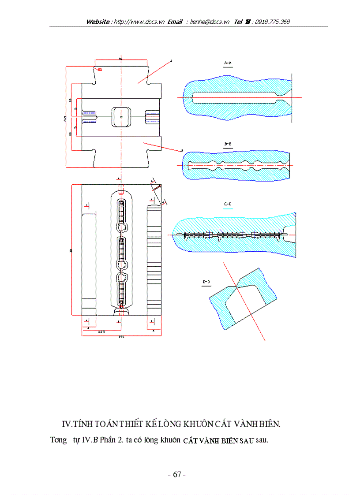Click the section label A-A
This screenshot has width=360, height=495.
point(228,63)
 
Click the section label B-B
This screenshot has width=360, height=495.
point(228,144)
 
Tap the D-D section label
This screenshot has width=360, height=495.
point(206,281)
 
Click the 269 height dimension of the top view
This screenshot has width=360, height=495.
point(65,117)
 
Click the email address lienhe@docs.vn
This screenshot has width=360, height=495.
point(210,22)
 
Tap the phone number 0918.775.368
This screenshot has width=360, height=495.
point(270,22)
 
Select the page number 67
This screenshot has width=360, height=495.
point(177,475)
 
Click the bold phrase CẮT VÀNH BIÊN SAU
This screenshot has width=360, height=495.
point(218,440)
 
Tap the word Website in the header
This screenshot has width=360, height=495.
point(98,22)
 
